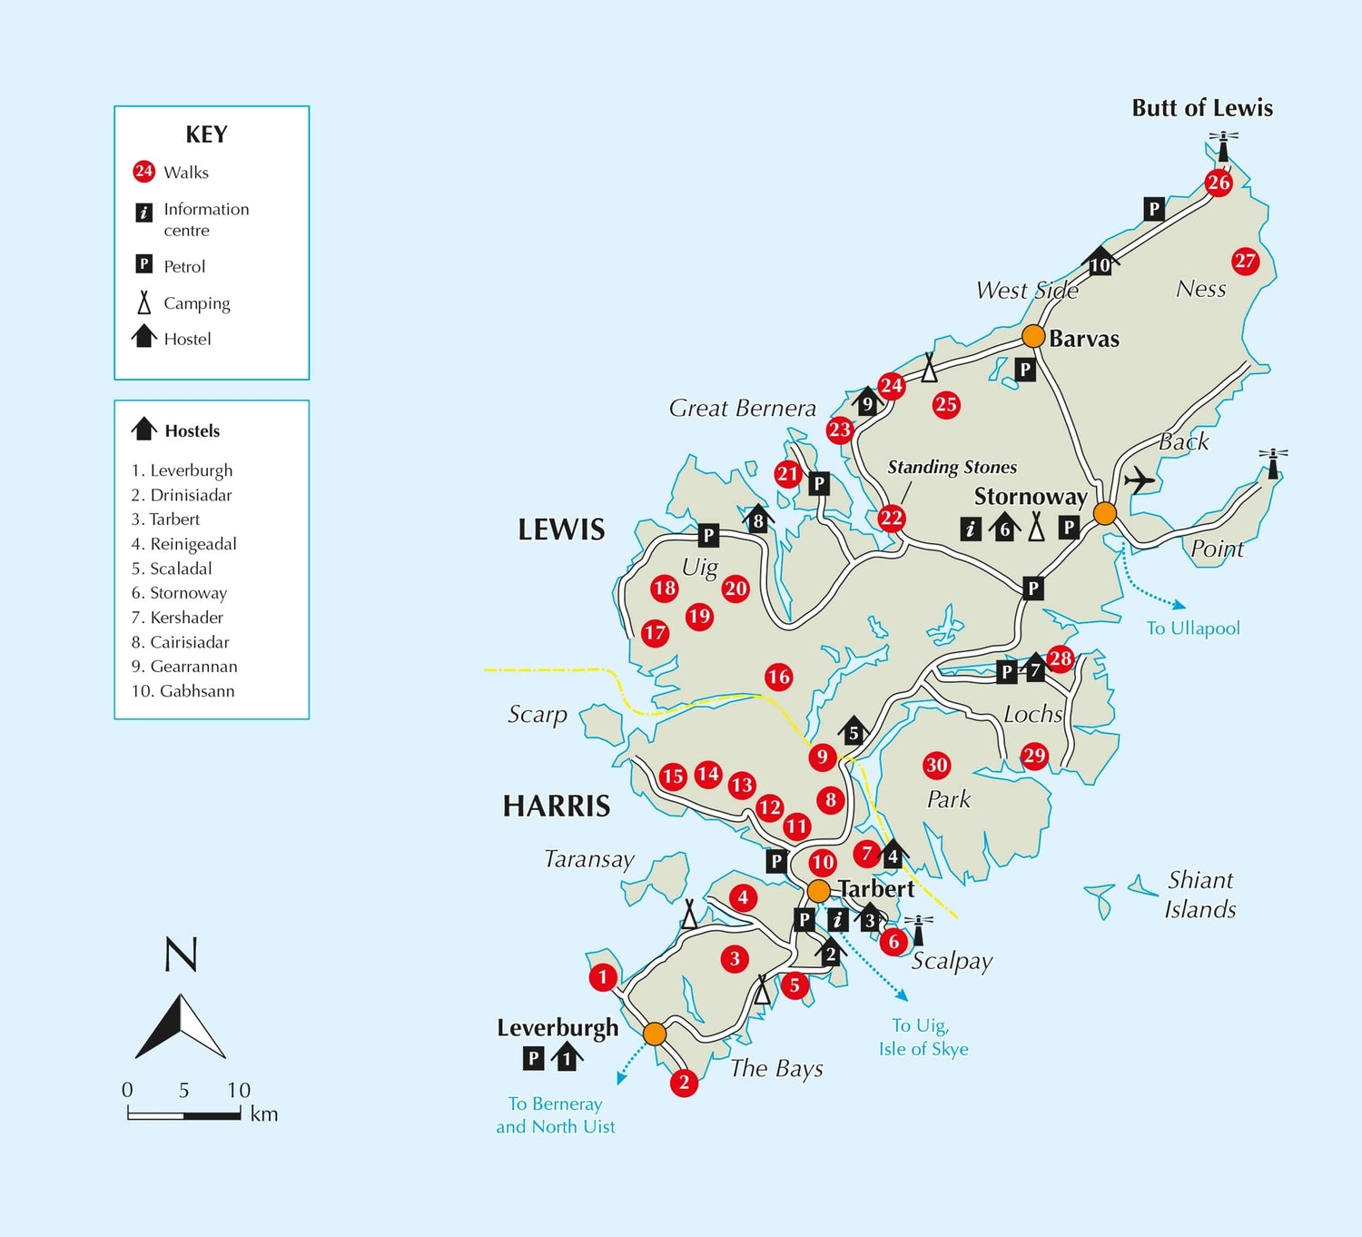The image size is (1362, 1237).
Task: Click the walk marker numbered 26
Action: click(x=1219, y=183)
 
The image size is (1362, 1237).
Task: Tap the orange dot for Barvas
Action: click(x=1033, y=336)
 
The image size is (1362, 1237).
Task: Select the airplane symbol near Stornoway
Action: click(x=1139, y=480)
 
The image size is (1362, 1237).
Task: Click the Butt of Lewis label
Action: click(x=1201, y=108)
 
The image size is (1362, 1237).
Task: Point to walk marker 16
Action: click(x=778, y=677)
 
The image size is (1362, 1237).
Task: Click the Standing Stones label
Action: click(x=952, y=467)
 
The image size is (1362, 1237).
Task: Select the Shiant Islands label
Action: click(x=1200, y=895)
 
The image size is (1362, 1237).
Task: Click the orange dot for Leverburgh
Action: click(x=655, y=1034)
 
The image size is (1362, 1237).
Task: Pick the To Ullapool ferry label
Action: click(x=1192, y=628)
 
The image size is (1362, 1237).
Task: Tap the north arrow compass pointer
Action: click(x=181, y=1026)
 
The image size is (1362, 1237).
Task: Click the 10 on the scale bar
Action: click(x=239, y=1090)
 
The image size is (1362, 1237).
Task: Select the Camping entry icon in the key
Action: click(x=143, y=302)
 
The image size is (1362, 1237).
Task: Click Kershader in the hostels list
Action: click(x=186, y=618)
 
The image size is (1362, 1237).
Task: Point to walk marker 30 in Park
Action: click(x=936, y=765)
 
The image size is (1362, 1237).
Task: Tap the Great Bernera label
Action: click(x=742, y=409)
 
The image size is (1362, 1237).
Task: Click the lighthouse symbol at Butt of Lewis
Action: click(x=1223, y=146)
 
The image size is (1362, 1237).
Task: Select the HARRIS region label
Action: click(x=557, y=806)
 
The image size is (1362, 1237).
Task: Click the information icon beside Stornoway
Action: click(x=971, y=529)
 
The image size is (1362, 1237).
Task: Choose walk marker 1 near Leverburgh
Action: click(x=603, y=977)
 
